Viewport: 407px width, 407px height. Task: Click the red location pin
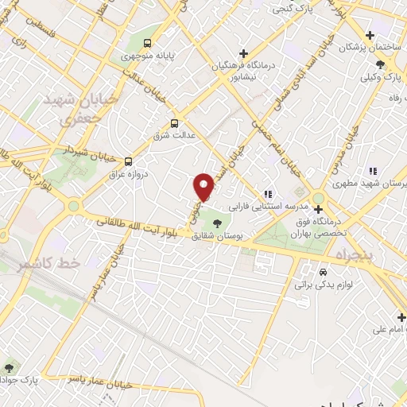click(204, 186)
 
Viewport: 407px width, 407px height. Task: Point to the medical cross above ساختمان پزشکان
click(370, 34)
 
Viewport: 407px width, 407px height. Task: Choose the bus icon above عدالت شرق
click(174, 123)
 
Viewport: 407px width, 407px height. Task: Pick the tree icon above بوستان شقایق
click(218, 223)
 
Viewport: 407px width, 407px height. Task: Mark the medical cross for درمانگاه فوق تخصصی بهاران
click(319, 209)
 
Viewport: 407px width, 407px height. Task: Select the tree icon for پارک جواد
click(9, 367)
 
